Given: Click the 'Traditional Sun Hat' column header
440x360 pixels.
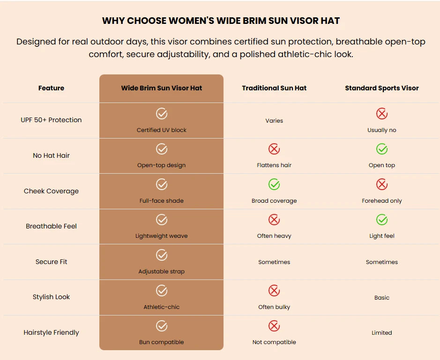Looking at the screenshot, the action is [274, 88].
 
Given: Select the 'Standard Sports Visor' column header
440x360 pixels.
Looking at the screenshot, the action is [381, 88].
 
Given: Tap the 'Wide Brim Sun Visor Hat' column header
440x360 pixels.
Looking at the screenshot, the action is [161, 88].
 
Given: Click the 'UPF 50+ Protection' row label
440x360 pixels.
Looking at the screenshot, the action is [51, 120].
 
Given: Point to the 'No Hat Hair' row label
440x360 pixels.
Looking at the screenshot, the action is [51, 155].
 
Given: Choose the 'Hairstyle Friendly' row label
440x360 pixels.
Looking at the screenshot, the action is [51, 332].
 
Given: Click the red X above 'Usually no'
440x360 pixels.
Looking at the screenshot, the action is [381, 114].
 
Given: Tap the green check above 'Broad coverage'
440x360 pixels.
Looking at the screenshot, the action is [274, 184].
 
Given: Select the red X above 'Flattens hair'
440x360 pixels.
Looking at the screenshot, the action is [274, 149].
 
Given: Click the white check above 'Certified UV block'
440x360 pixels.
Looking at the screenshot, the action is [162, 114].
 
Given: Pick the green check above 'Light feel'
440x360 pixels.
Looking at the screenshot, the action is [381, 220].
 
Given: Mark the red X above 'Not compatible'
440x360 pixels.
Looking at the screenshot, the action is [274, 326].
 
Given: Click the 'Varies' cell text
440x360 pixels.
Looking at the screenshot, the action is [274, 121].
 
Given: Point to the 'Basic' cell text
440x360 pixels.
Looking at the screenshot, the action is [381, 298].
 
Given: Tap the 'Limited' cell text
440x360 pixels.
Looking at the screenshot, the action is [381, 333].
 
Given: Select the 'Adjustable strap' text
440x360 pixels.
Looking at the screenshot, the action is [161, 272].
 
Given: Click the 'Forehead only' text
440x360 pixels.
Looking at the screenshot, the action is [381, 201].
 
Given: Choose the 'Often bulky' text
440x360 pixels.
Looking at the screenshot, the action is [274, 307].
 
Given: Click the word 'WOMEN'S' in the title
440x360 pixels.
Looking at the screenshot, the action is [191, 21].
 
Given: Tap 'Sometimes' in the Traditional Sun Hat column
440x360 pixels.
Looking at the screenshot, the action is [274, 262].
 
